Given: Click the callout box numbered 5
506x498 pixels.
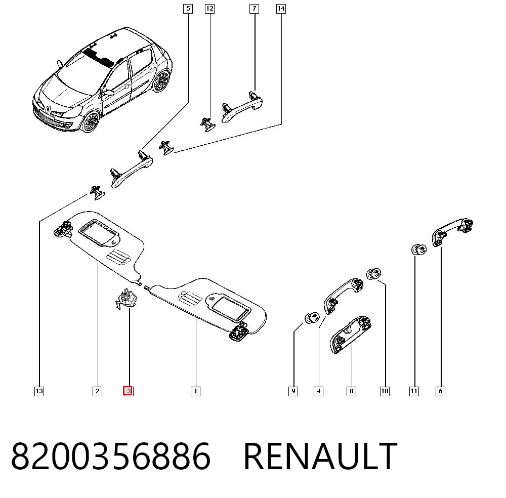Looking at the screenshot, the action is point(188,9).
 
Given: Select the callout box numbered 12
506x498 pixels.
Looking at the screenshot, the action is point(210,9).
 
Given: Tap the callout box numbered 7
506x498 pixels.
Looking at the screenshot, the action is point(255,9).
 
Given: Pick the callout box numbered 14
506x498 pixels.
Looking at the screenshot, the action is point(281,9).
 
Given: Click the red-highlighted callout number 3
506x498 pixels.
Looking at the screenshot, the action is point(128,391).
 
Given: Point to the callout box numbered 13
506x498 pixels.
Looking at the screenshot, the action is point(39,391).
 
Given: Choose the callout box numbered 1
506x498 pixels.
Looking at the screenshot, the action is point(195,391).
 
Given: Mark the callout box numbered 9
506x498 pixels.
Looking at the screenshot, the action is point(293,391).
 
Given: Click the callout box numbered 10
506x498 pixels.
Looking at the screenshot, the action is point(385,391).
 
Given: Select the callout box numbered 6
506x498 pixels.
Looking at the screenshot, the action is point(441,391).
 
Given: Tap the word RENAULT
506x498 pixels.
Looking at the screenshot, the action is point(320,456).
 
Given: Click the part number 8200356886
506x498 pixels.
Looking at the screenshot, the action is point(111,456).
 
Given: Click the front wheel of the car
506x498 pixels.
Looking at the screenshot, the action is point(91,121).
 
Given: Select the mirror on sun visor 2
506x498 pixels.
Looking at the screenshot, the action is point(99,232).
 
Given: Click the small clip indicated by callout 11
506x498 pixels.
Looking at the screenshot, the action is point(419,250).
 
